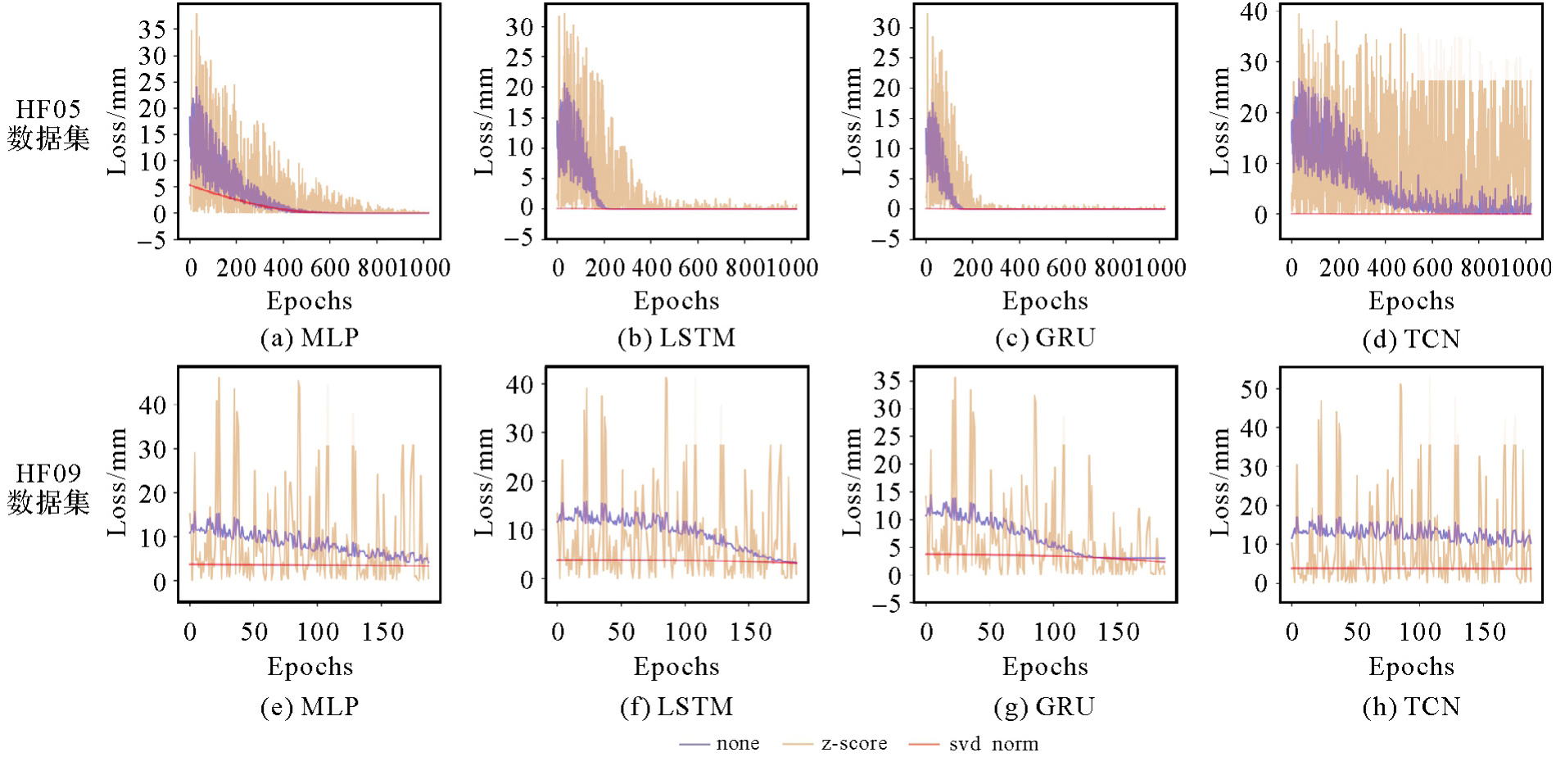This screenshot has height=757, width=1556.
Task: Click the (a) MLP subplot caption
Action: click(310, 338)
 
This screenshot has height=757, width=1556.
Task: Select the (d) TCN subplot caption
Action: click(1411, 339)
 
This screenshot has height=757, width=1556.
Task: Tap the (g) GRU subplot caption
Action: click(1044, 706)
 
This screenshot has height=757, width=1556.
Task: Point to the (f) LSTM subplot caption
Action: click(676, 706)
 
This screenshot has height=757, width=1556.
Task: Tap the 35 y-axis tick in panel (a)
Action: click(152, 29)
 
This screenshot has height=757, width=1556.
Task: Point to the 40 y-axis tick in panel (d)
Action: click(1254, 11)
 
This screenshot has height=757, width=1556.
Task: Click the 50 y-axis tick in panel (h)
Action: click(1254, 389)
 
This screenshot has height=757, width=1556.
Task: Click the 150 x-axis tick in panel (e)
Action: click(383, 632)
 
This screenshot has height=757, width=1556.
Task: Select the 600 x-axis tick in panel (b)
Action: click(698, 268)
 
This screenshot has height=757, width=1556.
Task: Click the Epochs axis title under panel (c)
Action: click(1045, 301)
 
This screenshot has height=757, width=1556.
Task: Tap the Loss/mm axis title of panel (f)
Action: click(485, 483)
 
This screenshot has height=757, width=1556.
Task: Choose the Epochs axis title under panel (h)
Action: click(1411, 666)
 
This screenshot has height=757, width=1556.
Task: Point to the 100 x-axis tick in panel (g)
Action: click(1054, 632)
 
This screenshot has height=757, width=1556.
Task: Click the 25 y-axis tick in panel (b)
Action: click(519, 57)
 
